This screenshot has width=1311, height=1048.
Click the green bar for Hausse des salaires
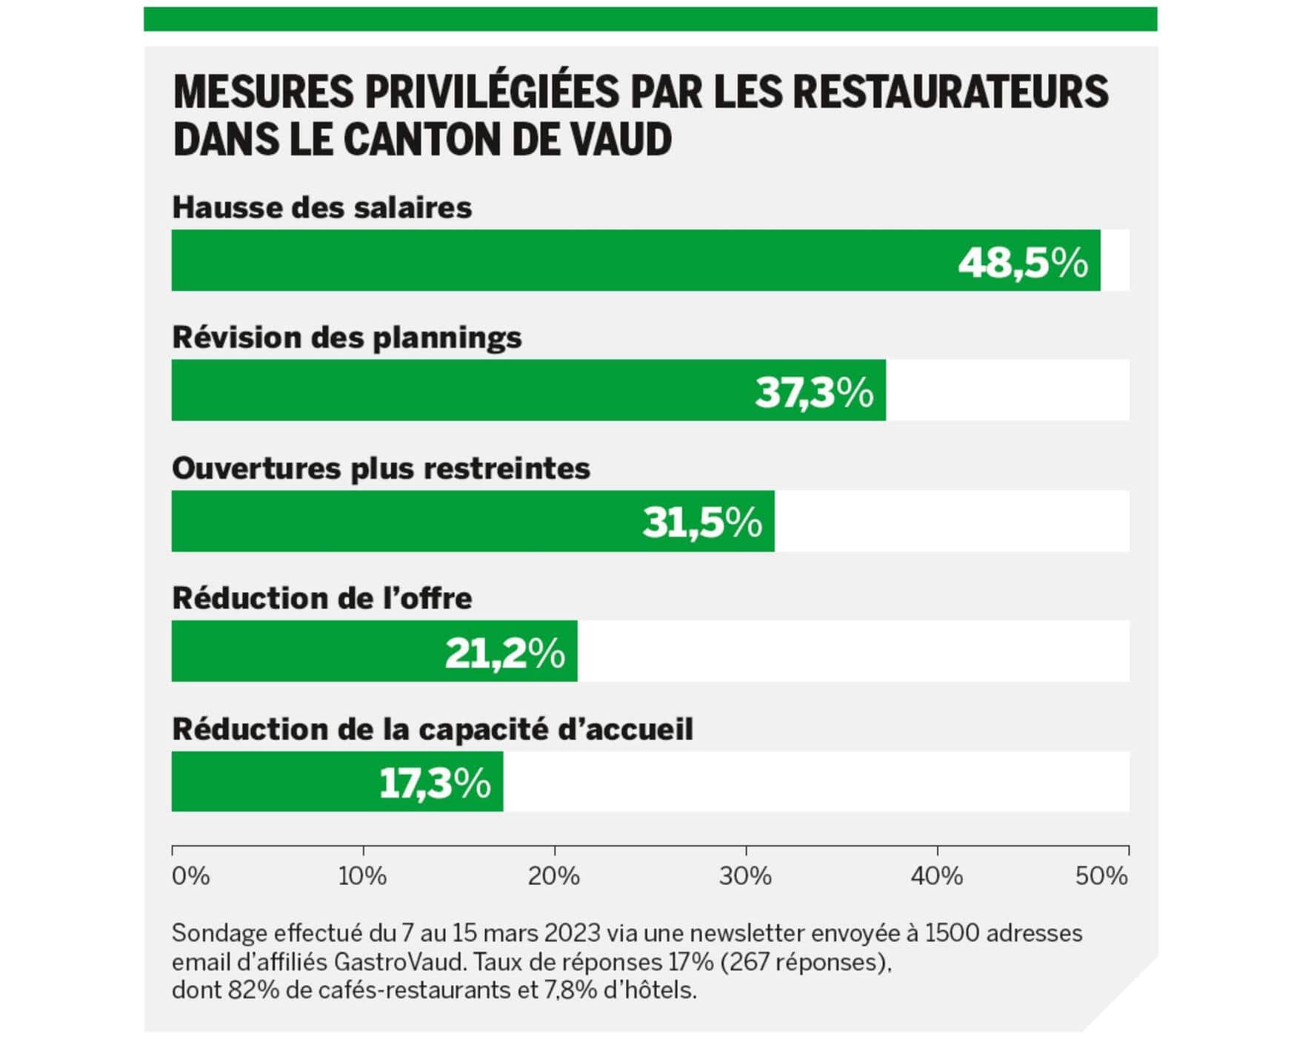coord(563,261)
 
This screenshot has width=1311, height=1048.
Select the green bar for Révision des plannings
coord(459,390)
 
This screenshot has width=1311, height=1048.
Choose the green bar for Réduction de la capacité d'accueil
coord(274,782)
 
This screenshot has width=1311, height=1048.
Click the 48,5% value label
coord(1023,262)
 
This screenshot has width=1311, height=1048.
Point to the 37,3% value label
coord(814,392)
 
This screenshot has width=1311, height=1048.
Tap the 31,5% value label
coord(702,522)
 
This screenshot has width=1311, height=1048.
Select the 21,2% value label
coord(505,653)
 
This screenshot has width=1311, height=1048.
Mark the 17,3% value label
coord(435,783)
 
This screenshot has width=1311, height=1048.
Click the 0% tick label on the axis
coord(191,876)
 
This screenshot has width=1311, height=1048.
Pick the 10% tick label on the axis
coord(362,876)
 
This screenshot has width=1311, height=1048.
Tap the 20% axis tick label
coord(553,876)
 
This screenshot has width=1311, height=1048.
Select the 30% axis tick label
coord(745,876)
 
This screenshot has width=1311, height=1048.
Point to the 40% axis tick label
coord(936,876)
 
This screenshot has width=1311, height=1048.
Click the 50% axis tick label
coord(1101,876)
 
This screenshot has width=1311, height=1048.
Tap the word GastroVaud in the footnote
coord(400,961)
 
